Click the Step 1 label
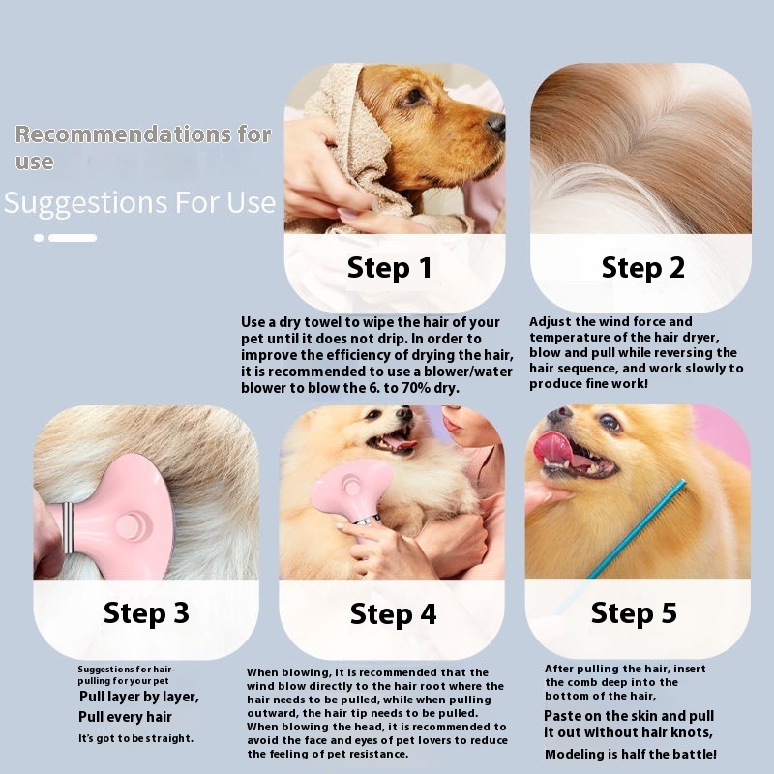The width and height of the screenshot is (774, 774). click(390, 268)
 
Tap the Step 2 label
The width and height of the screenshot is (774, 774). click(642, 268)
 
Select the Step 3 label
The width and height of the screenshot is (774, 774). click(146, 613)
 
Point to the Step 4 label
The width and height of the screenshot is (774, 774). click(393, 614)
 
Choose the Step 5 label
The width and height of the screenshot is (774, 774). click(634, 613)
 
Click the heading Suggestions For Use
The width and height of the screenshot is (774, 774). click(139, 202)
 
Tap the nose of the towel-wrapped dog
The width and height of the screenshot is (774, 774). click(495, 124)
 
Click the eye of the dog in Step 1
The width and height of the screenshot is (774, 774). click(414, 96)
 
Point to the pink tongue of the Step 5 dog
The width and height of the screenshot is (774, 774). click(551, 447)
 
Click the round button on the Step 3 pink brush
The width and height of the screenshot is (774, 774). click(131, 525)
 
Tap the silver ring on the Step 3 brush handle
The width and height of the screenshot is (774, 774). click(68, 527)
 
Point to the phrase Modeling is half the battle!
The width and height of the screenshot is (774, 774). click(631, 755)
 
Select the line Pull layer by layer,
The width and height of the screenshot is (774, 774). click(139, 697)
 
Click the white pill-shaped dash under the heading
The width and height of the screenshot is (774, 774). click(73, 238)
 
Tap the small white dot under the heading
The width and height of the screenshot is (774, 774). click(39, 238)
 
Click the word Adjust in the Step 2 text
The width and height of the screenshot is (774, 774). click(550, 322)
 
